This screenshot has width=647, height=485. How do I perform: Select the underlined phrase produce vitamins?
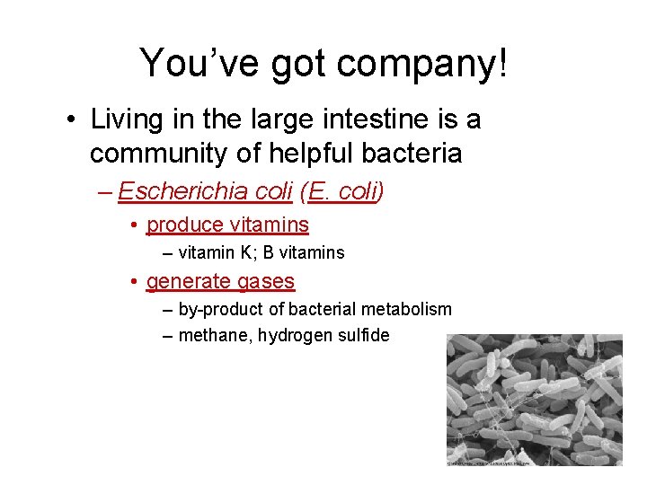(x=227, y=225)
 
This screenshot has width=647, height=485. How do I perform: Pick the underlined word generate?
(x=189, y=281)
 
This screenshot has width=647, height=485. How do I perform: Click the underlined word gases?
(x=266, y=281)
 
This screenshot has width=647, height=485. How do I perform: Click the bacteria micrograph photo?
(x=534, y=401)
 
